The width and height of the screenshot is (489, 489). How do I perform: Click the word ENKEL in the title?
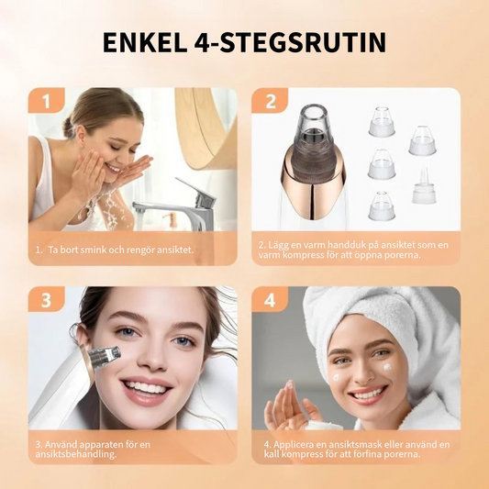145,42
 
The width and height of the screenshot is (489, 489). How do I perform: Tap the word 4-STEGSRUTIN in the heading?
290,42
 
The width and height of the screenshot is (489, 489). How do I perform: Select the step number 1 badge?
47,101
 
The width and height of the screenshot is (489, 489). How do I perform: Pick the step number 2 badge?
270,101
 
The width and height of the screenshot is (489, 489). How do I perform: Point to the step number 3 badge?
47,299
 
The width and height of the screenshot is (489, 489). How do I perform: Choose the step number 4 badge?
270,299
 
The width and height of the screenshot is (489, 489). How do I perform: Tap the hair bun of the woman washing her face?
69,127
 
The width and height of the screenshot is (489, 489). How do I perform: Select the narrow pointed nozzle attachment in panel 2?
424,185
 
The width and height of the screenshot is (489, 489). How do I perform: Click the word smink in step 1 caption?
94,250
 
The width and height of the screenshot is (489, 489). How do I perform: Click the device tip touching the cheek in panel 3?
105,357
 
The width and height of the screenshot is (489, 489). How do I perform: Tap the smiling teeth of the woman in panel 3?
147,388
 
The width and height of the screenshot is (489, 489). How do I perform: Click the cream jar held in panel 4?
324,424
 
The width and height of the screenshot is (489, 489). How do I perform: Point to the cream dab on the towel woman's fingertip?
290,385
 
